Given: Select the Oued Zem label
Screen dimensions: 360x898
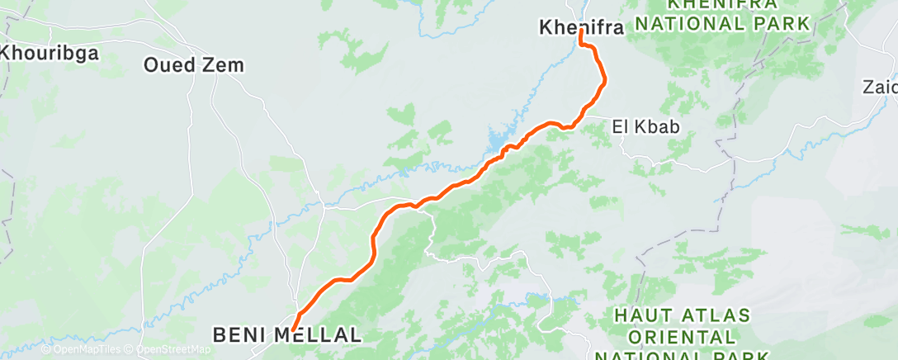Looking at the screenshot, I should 194,64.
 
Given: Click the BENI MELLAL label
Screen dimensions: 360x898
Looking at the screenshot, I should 287,335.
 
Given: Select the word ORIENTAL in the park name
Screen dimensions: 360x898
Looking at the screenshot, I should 682,338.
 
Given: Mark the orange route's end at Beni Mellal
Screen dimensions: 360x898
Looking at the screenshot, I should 293,330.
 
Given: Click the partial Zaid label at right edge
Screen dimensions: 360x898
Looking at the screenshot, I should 880,87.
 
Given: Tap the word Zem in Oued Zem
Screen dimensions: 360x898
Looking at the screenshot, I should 224,64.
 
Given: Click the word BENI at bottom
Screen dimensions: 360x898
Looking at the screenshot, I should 239,335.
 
